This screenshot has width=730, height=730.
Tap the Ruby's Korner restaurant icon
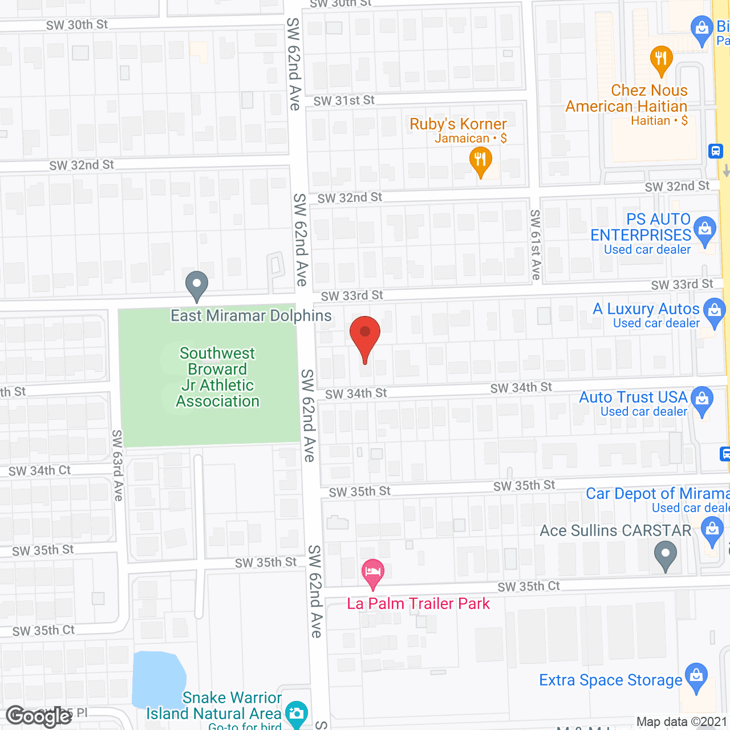[480, 161]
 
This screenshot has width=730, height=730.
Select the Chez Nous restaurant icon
[661, 59]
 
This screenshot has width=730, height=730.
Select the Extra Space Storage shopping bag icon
[696, 676]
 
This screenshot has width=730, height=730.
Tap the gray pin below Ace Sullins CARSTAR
[665, 554]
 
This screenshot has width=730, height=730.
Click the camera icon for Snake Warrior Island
[297, 713]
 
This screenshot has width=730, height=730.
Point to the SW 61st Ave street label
[535, 245]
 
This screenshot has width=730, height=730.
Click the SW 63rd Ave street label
[117, 465]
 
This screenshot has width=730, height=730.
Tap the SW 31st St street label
[344, 101]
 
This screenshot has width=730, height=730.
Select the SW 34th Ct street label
[39, 471]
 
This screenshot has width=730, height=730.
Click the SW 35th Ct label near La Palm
[529, 587]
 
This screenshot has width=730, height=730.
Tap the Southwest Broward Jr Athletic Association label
[217, 378]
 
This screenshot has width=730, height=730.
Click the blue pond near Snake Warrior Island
[159, 679]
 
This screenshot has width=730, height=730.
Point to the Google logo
[39, 716]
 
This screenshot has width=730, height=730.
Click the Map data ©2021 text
[682, 722]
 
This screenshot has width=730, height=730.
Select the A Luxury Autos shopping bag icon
[714, 312]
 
